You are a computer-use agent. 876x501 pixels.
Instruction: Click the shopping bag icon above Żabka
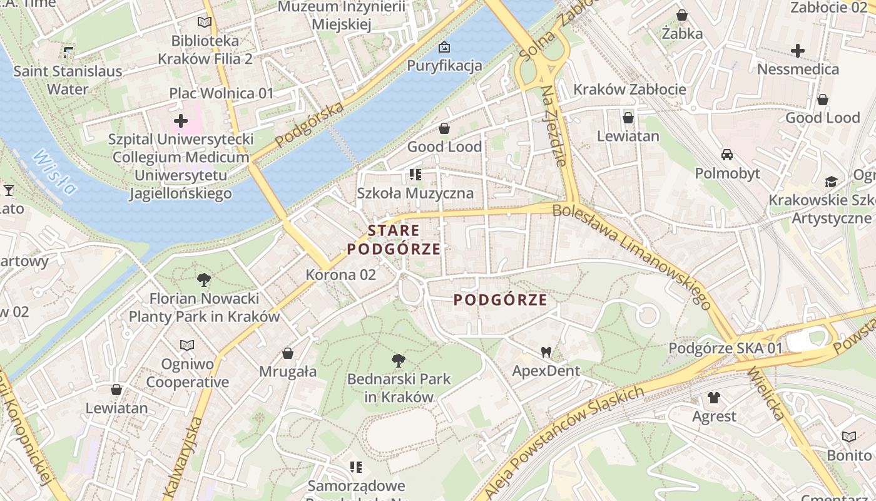tap(682, 15)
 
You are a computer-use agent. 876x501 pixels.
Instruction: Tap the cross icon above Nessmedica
tap(798, 51)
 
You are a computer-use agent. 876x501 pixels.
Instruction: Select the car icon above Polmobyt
tap(727, 154)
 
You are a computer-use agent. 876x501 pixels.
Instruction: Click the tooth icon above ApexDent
tap(546, 353)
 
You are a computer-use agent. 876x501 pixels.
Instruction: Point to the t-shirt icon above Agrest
tap(714, 397)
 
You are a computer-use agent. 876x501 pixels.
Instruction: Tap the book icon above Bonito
tap(849, 436)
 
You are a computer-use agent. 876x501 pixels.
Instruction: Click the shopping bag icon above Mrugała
tap(288, 353)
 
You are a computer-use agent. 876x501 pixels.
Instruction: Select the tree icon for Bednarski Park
tap(398, 360)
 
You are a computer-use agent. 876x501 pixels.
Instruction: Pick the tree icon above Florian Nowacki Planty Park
tap(203, 279)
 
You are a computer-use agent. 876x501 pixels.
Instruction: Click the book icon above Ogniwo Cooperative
tap(187, 345)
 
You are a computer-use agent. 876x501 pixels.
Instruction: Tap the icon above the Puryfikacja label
tap(444, 47)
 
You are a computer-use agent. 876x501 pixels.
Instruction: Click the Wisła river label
tap(55, 172)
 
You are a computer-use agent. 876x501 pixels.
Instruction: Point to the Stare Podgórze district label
tap(394, 240)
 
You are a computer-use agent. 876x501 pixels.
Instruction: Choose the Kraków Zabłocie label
tap(629, 90)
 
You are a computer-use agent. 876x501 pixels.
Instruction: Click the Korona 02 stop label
tap(341, 274)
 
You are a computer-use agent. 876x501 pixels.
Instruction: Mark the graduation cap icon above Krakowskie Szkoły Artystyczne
tap(831, 182)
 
